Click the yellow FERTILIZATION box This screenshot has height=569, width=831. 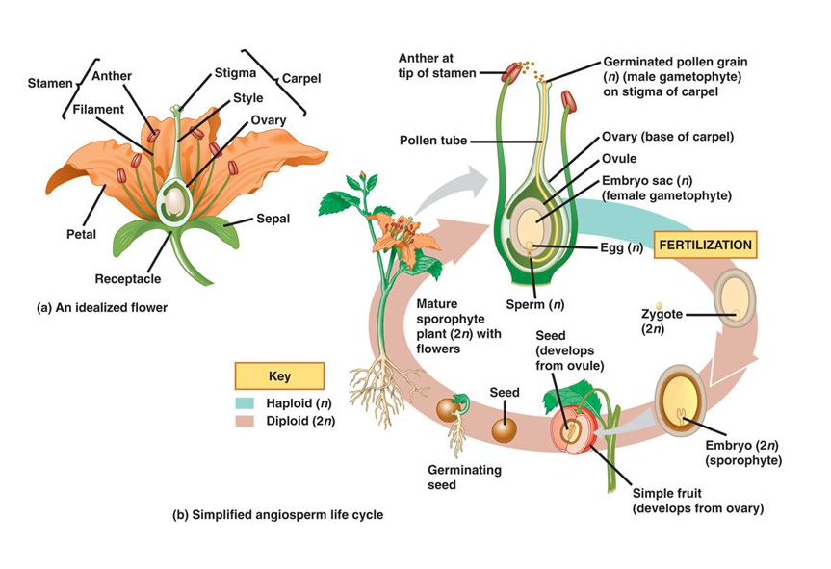tap(705, 246)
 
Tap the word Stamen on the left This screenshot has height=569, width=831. tap(46, 83)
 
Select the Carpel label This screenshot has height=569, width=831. tap(302, 77)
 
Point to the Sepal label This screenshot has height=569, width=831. tap(273, 219)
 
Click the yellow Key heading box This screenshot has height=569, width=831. tap(278, 376)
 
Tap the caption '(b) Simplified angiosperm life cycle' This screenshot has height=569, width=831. tap(277, 515)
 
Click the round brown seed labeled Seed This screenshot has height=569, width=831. tap(504, 429)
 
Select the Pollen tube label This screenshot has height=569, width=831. tap(433, 141)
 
